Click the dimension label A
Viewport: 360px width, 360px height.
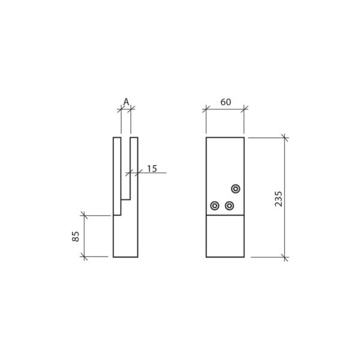126,101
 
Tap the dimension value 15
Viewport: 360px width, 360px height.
151,169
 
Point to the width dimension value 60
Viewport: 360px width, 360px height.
226,102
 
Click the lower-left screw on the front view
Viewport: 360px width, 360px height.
215,206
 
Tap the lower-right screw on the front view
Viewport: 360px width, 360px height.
229,206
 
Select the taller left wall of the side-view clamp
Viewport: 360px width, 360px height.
116,174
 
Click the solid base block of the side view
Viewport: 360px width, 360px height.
125,237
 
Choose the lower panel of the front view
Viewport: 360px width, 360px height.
225,236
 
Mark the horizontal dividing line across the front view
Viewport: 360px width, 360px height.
225,215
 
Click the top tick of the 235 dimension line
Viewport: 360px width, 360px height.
286,137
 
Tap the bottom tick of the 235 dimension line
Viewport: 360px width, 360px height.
286,257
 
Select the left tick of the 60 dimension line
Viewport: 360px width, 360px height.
206,109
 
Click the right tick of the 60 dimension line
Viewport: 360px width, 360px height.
244,109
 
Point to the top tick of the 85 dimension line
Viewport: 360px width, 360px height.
84,215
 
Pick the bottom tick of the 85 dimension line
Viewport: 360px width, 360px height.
84,257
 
